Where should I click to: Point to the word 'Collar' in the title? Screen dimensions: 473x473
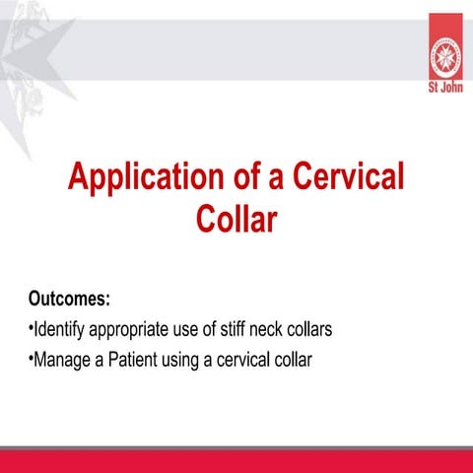(236, 218)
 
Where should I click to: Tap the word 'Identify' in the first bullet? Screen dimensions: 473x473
(60, 328)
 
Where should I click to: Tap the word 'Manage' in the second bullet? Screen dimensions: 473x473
(62, 360)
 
